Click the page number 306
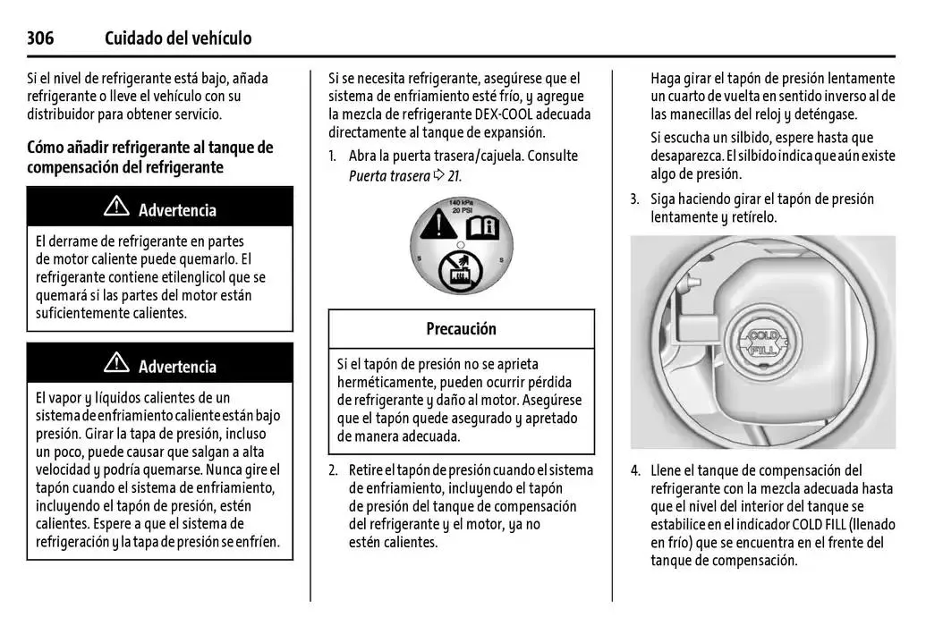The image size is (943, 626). pos(40,38)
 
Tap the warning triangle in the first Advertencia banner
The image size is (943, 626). pos(116,209)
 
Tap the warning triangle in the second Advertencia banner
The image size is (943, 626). pos(116,364)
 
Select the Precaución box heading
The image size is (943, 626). pos(461,329)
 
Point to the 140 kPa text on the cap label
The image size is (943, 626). pos(460,202)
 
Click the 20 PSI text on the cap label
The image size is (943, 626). pos(460,210)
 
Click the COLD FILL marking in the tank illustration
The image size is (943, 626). pos(762,343)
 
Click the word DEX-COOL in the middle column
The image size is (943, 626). pos(499,114)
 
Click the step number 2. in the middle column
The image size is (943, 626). pos(334,470)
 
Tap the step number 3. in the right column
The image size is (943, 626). pos(635,199)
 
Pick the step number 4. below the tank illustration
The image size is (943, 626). pos(635,470)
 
